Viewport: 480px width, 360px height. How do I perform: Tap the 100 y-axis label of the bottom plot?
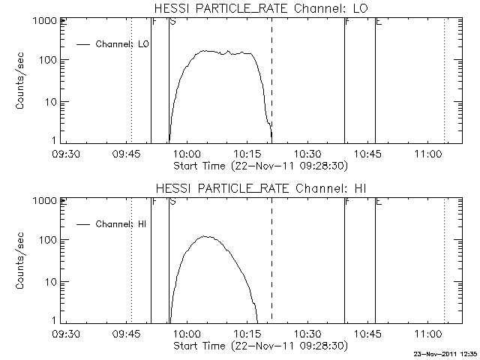(x=50, y=241)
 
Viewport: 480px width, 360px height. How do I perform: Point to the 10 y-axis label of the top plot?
(x=53, y=102)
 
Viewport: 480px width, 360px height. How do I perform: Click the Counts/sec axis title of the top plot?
(x=22, y=81)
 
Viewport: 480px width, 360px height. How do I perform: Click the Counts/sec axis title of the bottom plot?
(x=22, y=261)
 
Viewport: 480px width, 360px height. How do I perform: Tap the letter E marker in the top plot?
(x=379, y=22)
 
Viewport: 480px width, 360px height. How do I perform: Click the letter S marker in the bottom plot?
(x=173, y=202)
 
